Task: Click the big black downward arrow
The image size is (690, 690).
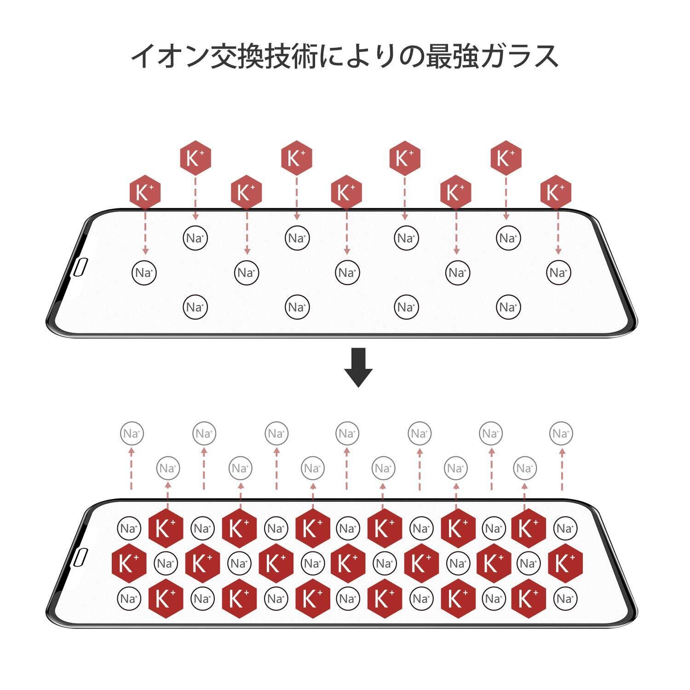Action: point(358,368)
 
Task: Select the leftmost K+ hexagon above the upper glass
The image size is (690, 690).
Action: point(145,192)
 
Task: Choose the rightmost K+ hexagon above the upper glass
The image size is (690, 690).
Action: point(556,192)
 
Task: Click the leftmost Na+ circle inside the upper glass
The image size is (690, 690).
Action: point(144,273)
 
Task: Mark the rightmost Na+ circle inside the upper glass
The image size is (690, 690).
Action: point(558,273)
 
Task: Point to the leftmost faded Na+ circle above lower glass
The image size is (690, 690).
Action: point(132,434)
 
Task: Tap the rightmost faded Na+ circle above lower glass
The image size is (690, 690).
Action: point(561,434)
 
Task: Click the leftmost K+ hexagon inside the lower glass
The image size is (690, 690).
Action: point(129,563)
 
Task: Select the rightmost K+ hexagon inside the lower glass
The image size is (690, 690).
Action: point(565,563)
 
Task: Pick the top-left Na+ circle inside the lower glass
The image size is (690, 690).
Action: point(129,529)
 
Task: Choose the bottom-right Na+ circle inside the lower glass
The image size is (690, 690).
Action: point(565,599)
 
